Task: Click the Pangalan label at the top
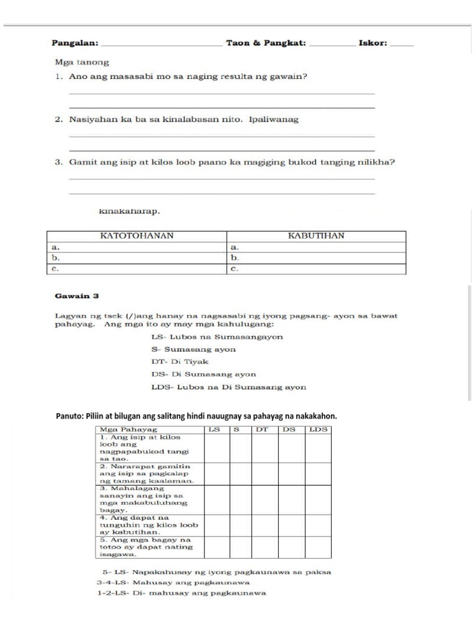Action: click(x=74, y=43)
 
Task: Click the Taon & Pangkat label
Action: click(x=266, y=43)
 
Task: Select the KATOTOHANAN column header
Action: click(x=137, y=236)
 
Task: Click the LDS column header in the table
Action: click(x=319, y=429)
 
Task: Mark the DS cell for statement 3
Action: click(x=291, y=500)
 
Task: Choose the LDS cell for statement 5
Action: click(x=319, y=548)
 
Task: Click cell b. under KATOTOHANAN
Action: click(x=137, y=257)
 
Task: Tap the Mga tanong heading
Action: click(x=82, y=62)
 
